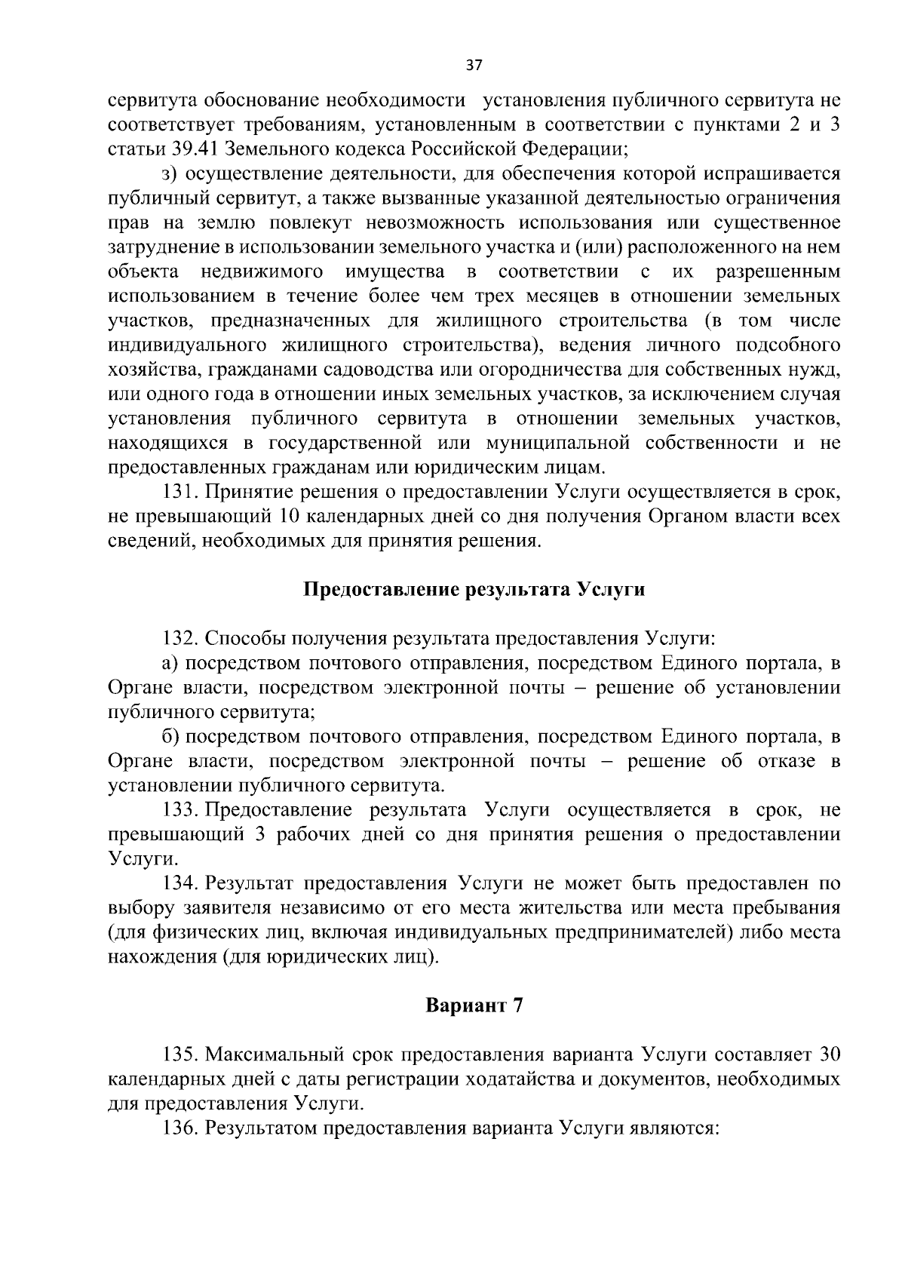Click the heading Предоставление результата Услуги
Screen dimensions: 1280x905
pos(474,590)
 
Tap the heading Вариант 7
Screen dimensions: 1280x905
pos(474,1005)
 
